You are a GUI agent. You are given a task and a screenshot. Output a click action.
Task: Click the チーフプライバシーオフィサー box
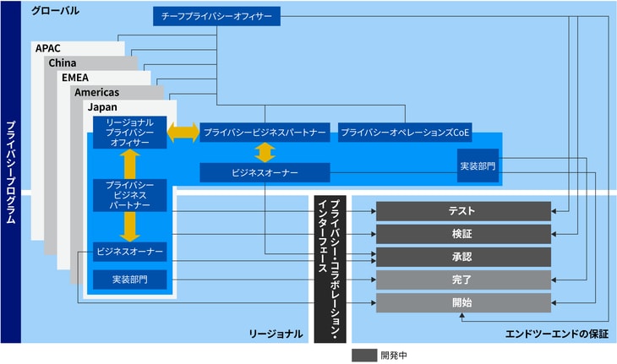pyautogui.click(x=216, y=16)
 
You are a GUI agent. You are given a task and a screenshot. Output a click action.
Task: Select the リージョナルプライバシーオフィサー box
pyautogui.click(x=129, y=133)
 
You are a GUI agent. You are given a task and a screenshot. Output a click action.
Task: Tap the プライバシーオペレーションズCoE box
pyautogui.click(x=405, y=133)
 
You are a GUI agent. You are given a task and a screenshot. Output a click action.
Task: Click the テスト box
pyautogui.click(x=462, y=211)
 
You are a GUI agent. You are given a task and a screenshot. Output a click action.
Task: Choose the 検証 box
pyautogui.click(x=462, y=234)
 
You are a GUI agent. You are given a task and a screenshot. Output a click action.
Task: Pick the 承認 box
pyautogui.click(x=462, y=257)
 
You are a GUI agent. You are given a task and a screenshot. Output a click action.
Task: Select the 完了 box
pyautogui.click(x=462, y=280)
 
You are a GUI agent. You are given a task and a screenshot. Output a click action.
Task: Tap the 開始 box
pyautogui.click(x=462, y=302)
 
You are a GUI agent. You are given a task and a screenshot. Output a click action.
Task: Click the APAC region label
pyautogui.click(x=48, y=48)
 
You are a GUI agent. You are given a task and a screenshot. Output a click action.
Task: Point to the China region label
pyautogui.click(x=63, y=63)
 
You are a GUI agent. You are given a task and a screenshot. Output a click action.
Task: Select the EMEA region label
pyautogui.click(x=75, y=78)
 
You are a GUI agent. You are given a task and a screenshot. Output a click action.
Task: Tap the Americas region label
pyautogui.click(x=96, y=92)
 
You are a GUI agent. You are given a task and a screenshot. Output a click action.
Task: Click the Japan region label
pyautogui.click(x=102, y=108)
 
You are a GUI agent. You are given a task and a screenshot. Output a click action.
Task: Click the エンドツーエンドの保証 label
pyautogui.click(x=555, y=334)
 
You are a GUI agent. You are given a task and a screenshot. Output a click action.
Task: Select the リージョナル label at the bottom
pyautogui.click(x=276, y=334)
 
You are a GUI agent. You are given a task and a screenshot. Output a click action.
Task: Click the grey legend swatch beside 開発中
pyautogui.click(x=363, y=356)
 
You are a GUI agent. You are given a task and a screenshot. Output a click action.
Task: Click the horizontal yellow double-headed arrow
pyautogui.click(x=183, y=133)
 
